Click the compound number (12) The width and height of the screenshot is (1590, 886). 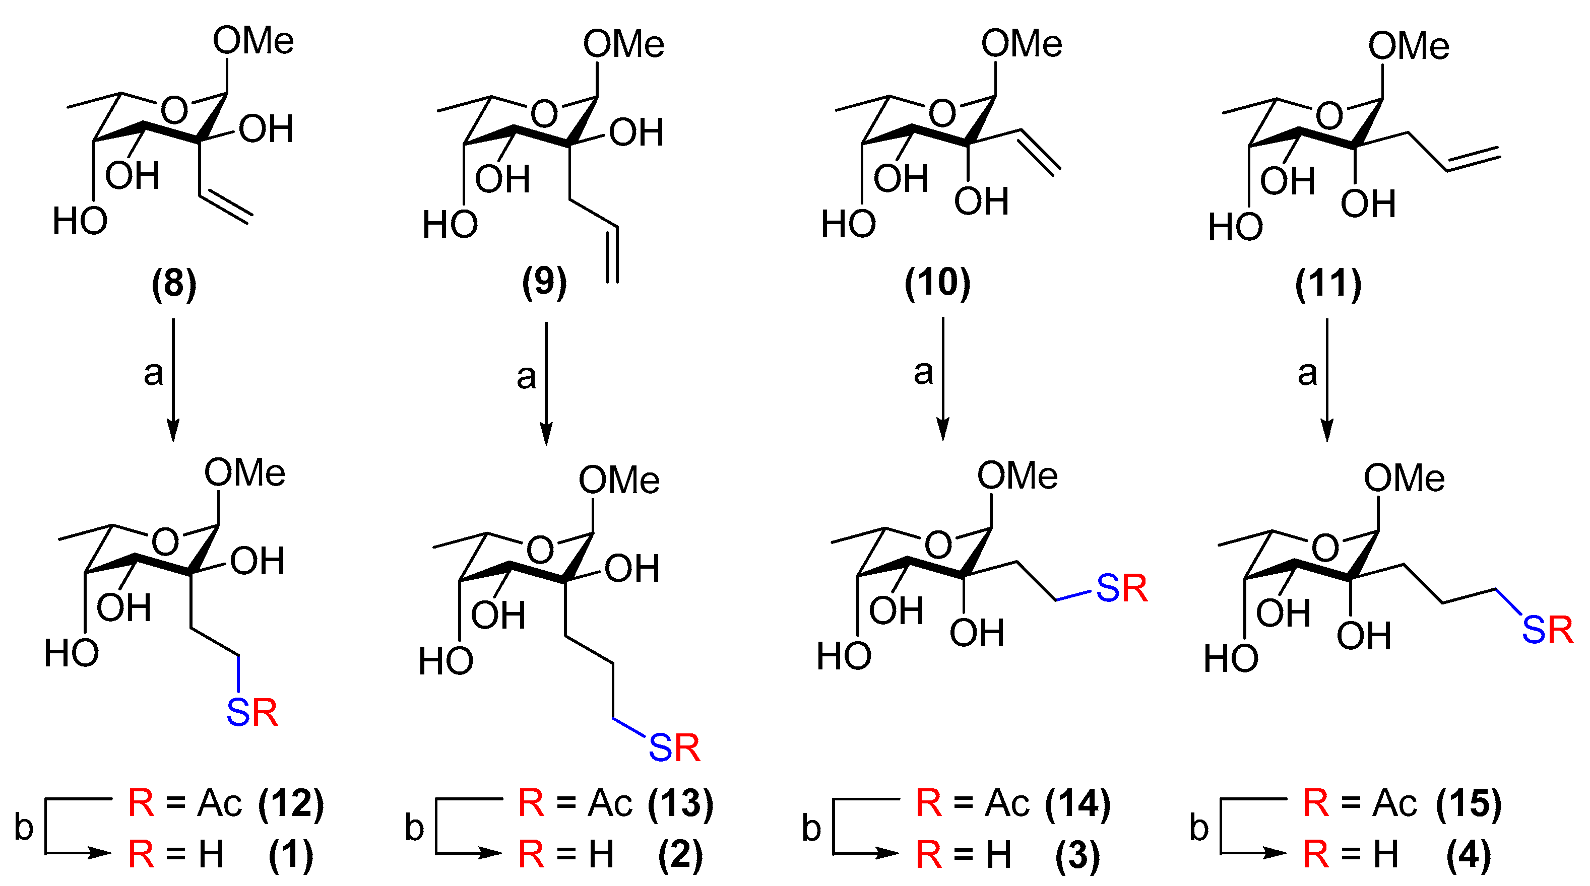(x=291, y=804)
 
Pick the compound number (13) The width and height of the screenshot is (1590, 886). (x=681, y=804)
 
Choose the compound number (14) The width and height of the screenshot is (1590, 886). (x=1077, y=804)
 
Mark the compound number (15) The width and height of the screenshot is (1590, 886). (x=1469, y=804)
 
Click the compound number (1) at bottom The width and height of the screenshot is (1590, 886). (x=291, y=855)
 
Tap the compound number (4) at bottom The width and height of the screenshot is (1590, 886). (x=1469, y=855)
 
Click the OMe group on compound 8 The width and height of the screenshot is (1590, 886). (x=253, y=42)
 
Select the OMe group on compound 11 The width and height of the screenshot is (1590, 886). (x=1409, y=46)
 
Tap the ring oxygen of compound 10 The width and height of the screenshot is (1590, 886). (x=942, y=113)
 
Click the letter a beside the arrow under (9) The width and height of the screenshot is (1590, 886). (x=526, y=376)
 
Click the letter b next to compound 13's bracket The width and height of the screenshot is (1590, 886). (x=414, y=828)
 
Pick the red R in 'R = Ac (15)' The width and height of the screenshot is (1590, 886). (x=1316, y=804)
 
